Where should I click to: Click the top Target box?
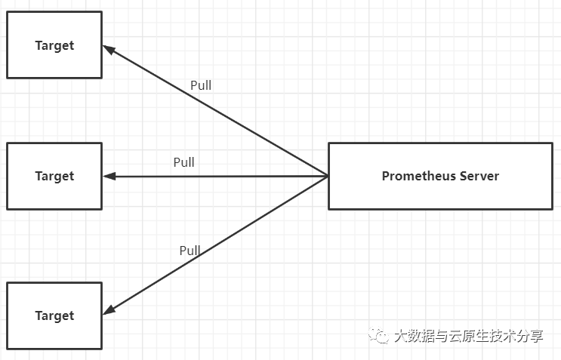point(54,45)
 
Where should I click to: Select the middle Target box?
point(54,176)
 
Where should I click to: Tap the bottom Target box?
point(54,315)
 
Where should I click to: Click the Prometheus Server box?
point(440,176)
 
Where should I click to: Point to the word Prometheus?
point(418,176)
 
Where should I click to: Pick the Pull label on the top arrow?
point(201,85)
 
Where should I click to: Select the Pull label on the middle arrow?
point(183,162)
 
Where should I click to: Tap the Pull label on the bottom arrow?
point(190,251)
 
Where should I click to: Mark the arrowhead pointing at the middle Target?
point(109,176)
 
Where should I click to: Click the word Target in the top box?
point(54,45)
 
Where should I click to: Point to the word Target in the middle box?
point(54,176)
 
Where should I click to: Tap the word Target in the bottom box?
point(54,315)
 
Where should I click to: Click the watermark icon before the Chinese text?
point(378,336)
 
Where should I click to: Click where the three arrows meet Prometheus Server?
point(328,176)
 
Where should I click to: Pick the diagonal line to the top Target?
point(219,113)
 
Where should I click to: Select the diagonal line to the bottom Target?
point(219,242)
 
